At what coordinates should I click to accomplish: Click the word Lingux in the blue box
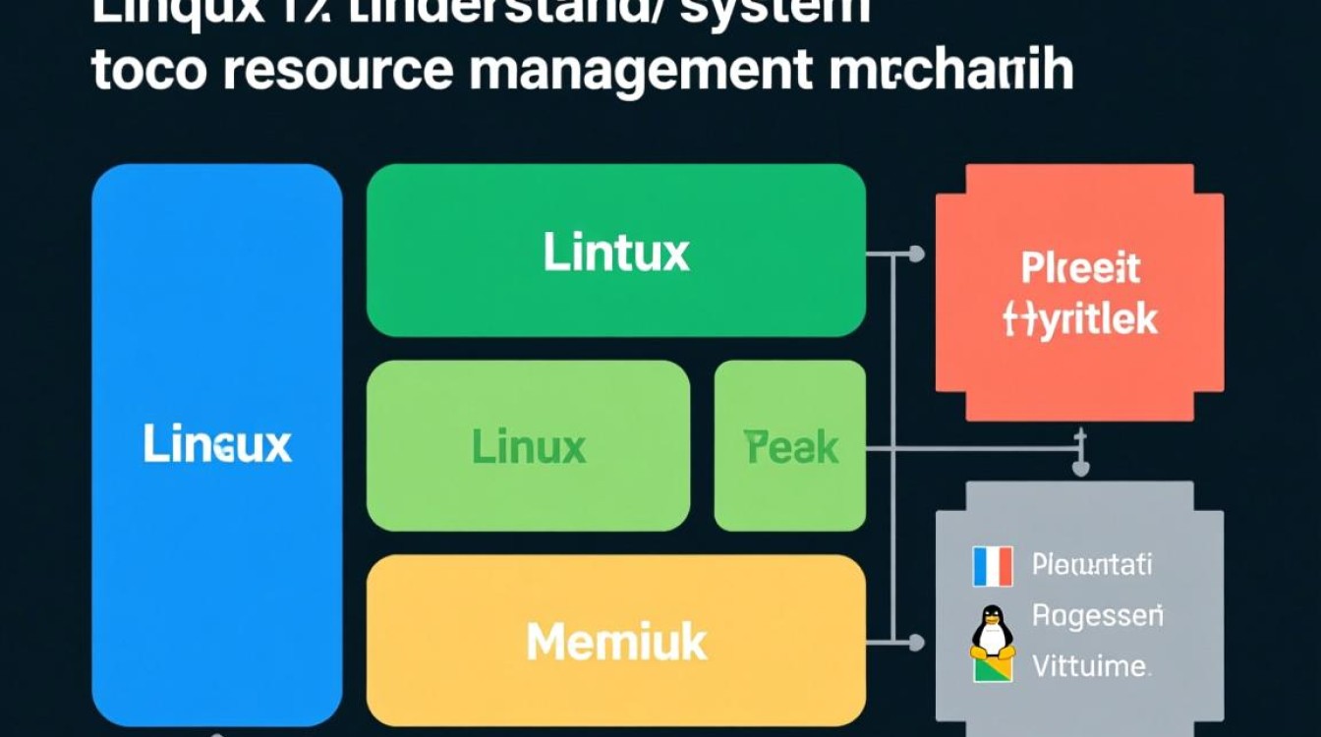coord(217,445)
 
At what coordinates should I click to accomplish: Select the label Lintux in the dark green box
coord(616,253)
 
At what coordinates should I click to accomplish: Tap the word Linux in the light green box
coord(529,447)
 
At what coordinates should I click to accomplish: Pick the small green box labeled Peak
coord(790,446)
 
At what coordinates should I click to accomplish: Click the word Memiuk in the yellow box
coord(616,642)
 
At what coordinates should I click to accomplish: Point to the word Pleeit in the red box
coord(1080,267)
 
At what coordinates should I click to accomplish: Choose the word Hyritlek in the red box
coord(1080,319)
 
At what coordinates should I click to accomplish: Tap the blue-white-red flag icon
coord(992,566)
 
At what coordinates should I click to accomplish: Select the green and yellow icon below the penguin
coord(992,669)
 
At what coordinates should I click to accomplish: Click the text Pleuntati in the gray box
coord(1092,565)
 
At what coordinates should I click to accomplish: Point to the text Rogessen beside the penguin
coord(1097,616)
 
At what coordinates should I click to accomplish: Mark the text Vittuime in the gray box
coord(1091,667)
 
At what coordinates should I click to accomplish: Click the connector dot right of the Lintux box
coord(916,255)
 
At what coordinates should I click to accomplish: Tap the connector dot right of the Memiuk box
coord(916,644)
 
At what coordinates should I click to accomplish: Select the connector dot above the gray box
coord(1080,469)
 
